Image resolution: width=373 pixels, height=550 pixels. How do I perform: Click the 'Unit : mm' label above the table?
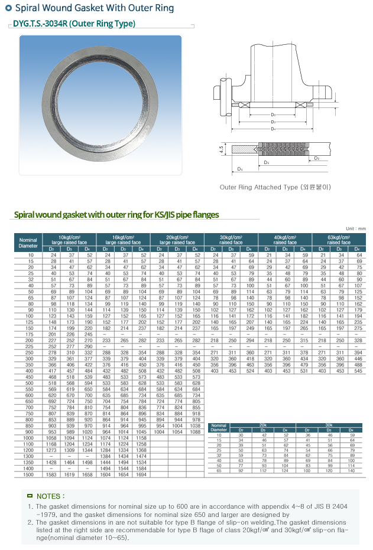pyautogui.click(x=356, y=228)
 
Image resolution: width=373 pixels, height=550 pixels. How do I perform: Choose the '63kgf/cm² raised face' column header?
pyautogui.click(x=339, y=239)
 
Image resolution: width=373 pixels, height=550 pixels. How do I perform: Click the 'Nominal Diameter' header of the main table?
pyautogui.click(x=28, y=243)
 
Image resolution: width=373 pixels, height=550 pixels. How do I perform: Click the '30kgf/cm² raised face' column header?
pyautogui.click(x=231, y=239)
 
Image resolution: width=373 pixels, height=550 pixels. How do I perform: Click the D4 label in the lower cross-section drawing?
pyautogui.click(x=239, y=169)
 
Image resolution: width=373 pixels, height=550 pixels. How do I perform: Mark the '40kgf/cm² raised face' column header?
pyautogui.click(x=285, y=239)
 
